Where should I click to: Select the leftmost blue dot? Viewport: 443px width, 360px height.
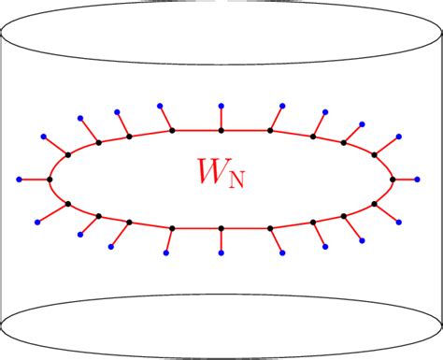(x=20, y=179)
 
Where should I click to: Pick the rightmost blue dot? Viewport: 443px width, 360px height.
(x=421, y=178)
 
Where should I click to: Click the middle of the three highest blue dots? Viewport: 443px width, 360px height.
(x=221, y=105)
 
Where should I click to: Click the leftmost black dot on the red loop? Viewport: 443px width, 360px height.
(x=49, y=179)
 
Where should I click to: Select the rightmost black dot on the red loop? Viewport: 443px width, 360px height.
(x=393, y=178)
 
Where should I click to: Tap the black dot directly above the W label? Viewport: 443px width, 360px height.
(x=221, y=130)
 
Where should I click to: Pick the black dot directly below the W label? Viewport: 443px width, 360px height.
(x=221, y=227)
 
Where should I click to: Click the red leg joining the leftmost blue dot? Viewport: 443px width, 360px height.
(x=34, y=179)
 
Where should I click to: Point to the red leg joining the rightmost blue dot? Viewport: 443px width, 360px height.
(x=407, y=178)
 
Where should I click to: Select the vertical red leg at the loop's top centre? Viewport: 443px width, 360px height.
(x=221, y=118)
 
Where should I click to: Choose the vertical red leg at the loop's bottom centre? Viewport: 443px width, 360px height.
(x=221, y=240)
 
